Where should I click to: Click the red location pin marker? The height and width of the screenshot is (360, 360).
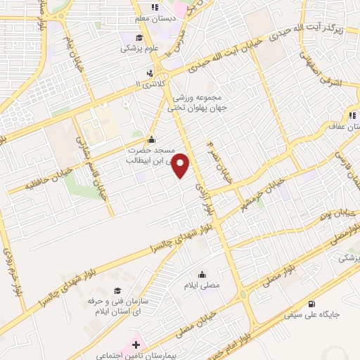181,166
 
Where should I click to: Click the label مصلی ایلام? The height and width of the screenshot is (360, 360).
204,285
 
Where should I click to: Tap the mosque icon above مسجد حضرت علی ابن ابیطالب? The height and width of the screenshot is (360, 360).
153,139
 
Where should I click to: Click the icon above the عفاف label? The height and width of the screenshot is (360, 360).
350,116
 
